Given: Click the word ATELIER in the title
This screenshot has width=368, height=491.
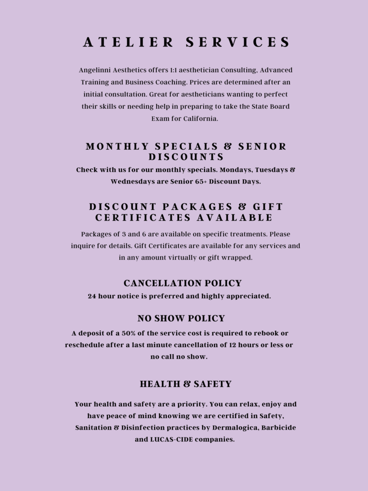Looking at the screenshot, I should click(x=128, y=42).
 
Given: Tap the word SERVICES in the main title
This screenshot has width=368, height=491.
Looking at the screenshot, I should click(x=238, y=42).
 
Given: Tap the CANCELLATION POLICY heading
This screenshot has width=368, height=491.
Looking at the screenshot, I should click(x=183, y=283).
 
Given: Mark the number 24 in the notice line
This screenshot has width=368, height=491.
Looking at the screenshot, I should click(x=92, y=296).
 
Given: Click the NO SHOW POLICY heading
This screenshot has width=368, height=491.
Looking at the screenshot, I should click(x=181, y=319).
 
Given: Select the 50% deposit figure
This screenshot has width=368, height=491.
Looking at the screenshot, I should click(x=136, y=333).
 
